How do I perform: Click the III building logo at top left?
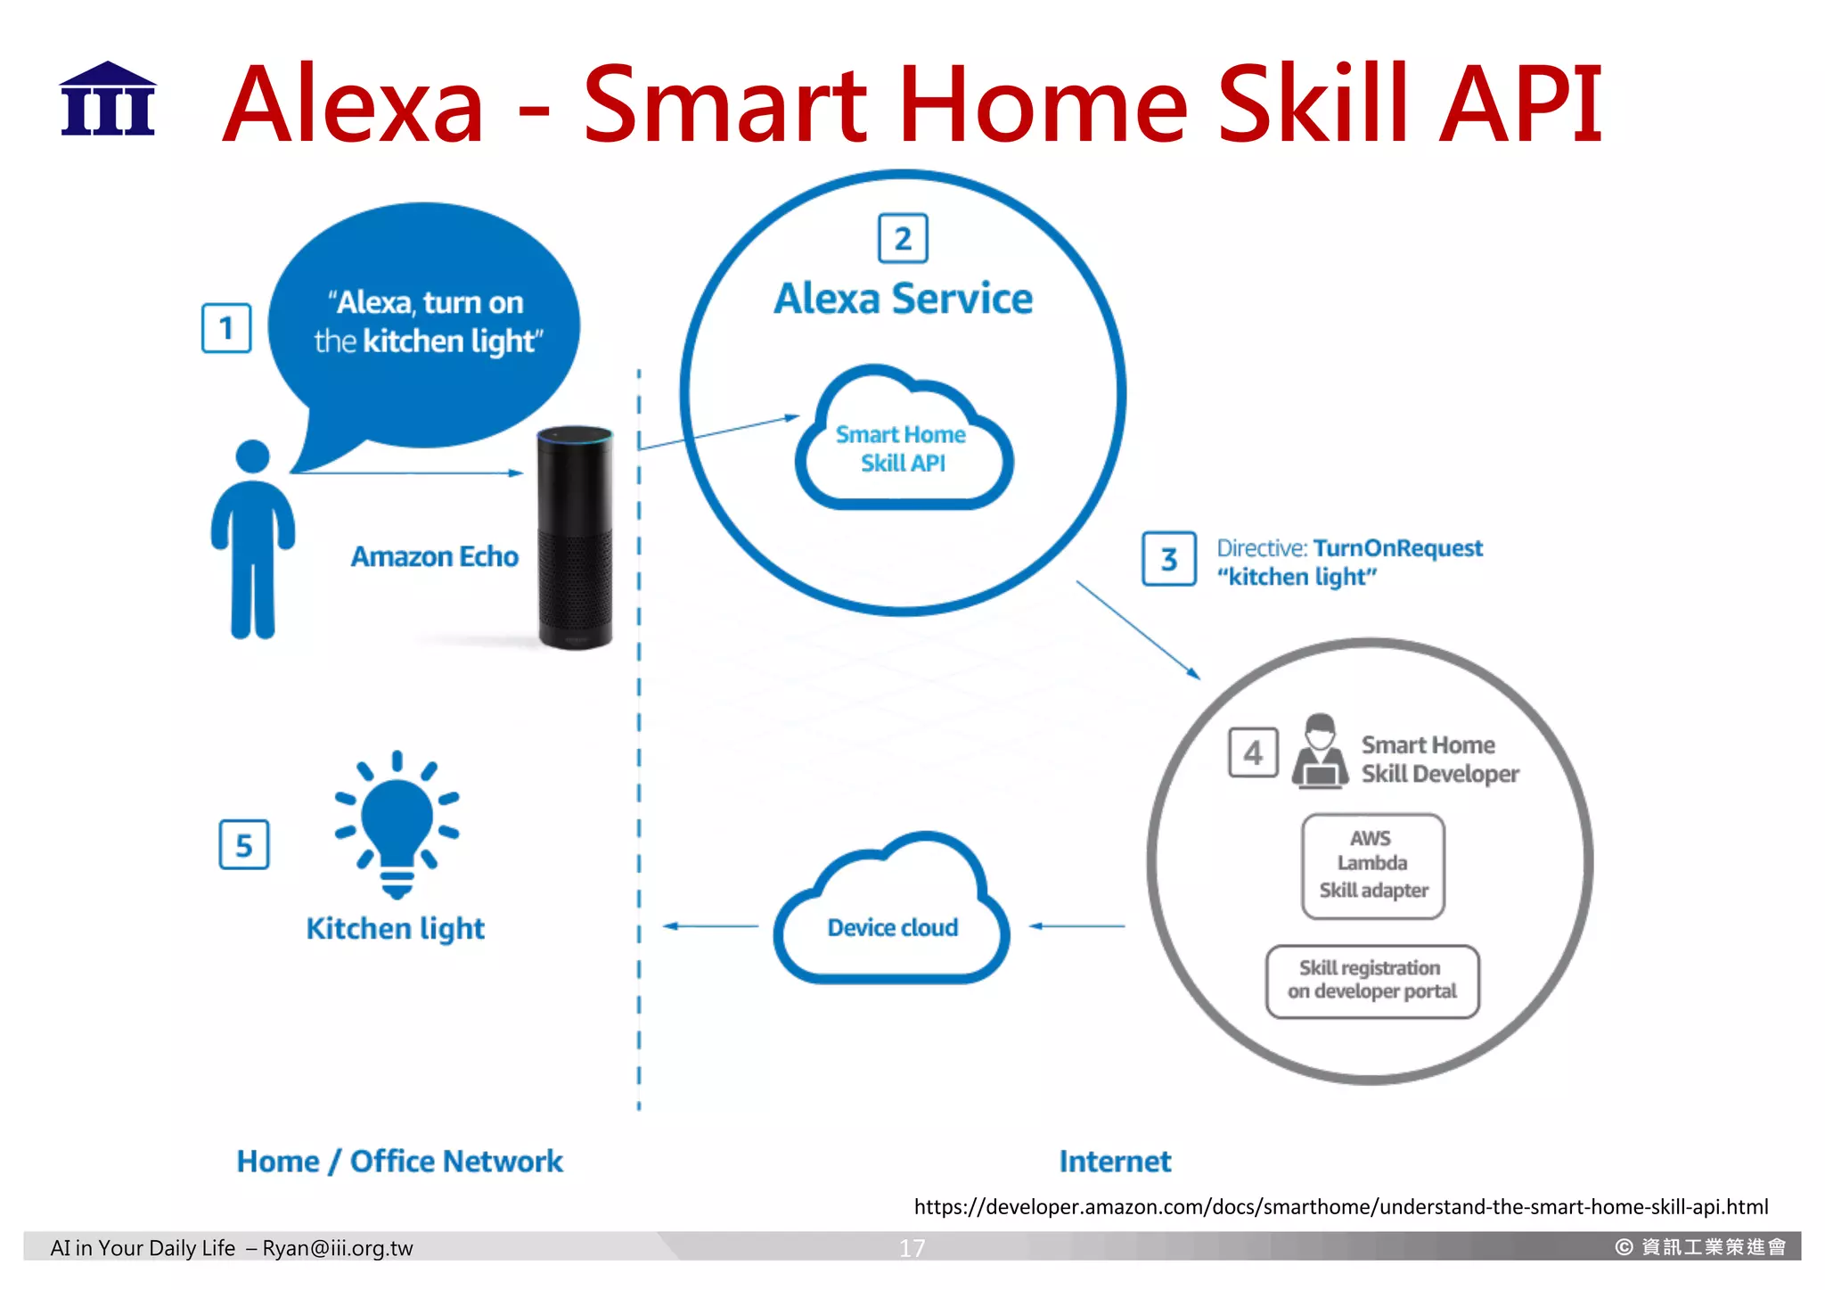pos(108,100)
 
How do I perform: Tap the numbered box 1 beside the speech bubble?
pos(226,328)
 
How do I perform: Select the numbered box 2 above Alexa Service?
pos(903,239)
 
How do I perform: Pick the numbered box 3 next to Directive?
pos(1169,559)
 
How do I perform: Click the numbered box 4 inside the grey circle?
pos(1253,753)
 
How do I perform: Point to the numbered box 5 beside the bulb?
pos(244,844)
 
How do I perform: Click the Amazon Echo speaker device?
pos(575,538)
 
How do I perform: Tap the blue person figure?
pos(253,540)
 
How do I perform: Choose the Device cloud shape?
pos(892,918)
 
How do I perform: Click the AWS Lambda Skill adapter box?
pos(1372,865)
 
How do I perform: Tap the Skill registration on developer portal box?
pos(1372,981)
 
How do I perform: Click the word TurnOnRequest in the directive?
pos(1397,547)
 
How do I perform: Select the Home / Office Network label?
pos(399,1161)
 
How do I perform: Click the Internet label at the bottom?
pos(1115,1161)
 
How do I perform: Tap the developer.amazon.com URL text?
pos(1340,1206)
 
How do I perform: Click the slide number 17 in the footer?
pos(912,1247)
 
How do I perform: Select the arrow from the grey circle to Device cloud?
pos(1076,926)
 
